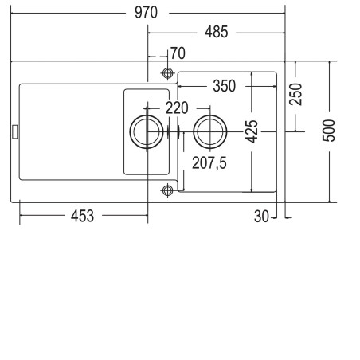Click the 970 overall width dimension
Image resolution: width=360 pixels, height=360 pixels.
(x=146, y=13)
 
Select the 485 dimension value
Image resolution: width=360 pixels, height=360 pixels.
(x=217, y=32)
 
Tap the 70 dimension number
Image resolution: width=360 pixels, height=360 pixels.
(x=178, y=53)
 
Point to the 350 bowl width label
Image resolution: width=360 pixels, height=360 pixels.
(x=225, y=86)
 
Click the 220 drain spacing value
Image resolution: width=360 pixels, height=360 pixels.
(x=177, y=108)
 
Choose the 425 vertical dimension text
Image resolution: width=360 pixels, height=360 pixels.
(x=252, y=131)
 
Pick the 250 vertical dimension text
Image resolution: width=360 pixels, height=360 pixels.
(x=295, y=94)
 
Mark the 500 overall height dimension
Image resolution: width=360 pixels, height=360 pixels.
(x=329, y=131)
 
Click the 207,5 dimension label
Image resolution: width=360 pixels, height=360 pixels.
(x=209, y=162)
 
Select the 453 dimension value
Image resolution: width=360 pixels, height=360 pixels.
(x=82, y=216)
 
